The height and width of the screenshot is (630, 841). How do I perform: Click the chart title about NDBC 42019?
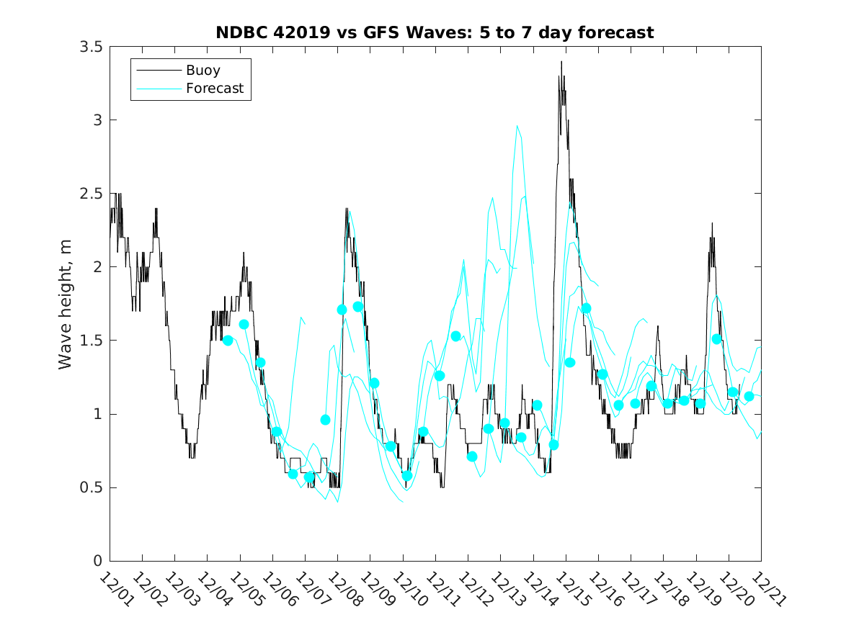(x=435, y=32)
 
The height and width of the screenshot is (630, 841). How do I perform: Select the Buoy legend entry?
(x=203, y=71)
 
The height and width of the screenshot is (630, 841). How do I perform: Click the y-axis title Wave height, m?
(x=66, y=304)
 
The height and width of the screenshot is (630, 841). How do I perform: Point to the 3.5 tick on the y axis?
(x=90, y=46)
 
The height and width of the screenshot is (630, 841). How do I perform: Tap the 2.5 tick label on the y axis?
(x=90, y=193)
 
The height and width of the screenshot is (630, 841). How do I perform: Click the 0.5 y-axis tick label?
(x=90, y=487)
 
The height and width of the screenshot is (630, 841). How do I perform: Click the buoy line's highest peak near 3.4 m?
(x=561, y=62)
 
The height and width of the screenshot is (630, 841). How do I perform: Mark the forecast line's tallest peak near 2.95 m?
(x=517, y=126)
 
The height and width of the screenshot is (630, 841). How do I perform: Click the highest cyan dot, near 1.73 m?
(x=358, y=307)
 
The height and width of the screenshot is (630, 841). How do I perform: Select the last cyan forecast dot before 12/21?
(x=749, y=396)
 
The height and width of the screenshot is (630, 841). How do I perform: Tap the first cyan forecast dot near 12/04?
(x=228, y=341)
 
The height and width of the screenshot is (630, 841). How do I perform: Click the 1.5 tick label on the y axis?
(x=90, y=341)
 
